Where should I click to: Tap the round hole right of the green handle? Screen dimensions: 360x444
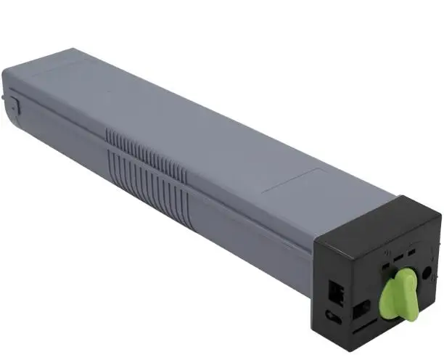pos(427,273)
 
